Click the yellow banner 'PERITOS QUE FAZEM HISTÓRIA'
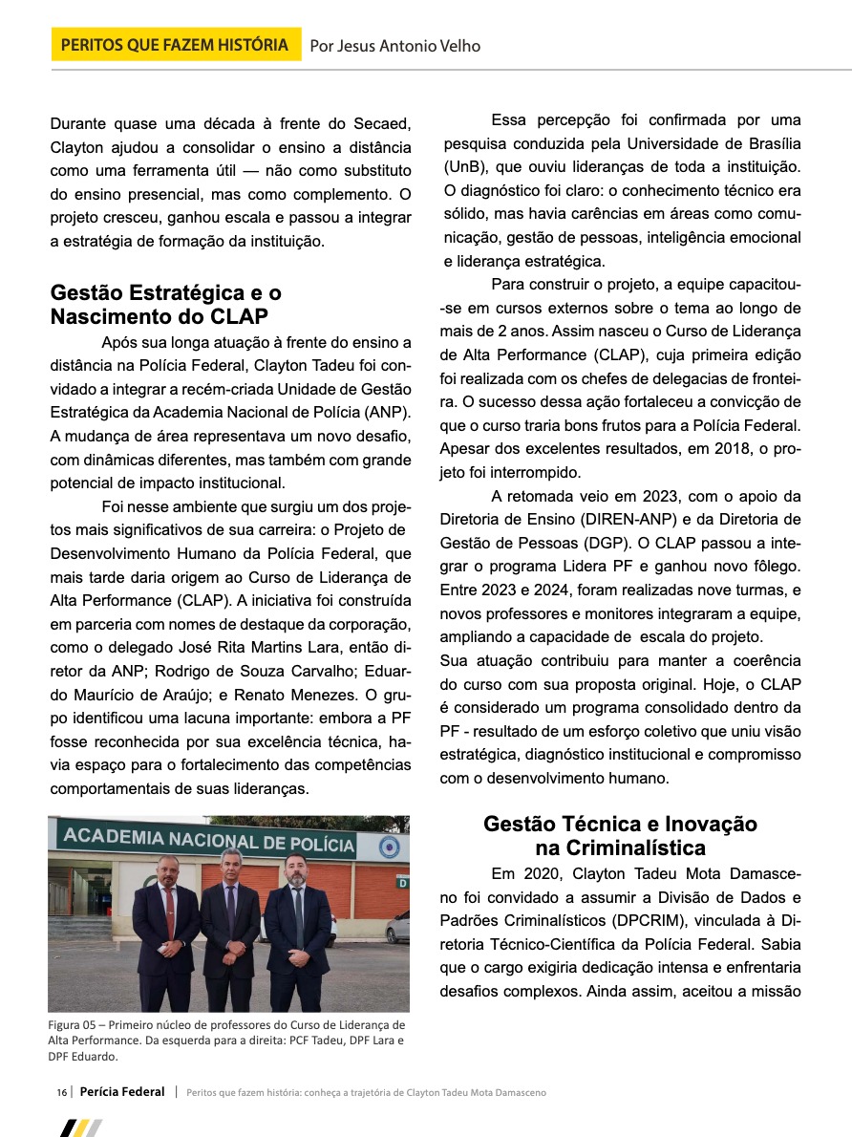[175, 45]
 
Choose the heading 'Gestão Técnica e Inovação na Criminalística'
[620, 835]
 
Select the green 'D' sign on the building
[402, 883]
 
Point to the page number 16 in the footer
[61, 1092]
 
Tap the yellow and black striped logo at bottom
[80, 1127]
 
